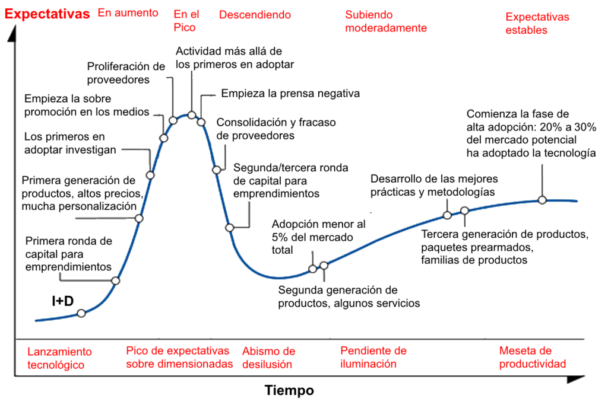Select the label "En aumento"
[x=128, y=12]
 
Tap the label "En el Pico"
[x=185, y=21]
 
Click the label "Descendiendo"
[x=255, y=15]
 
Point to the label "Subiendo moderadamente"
[x=385, y=21]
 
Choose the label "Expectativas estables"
[x=537, y=23]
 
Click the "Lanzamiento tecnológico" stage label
[x=59, y=358]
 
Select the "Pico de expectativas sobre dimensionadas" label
[x=179, y=357]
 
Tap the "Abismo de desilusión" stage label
[x=268, y=358]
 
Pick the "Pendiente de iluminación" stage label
[x=373, y=357]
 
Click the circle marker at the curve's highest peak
[x=191, y=114]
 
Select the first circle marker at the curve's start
[x=81, y=314]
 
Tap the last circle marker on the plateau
[x=541, y=200]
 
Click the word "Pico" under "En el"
[x=185, y=28]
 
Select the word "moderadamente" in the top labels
[x=385, y=28]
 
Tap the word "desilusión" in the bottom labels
[x=267, y=364]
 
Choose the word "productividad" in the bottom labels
[x=532, y=363]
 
